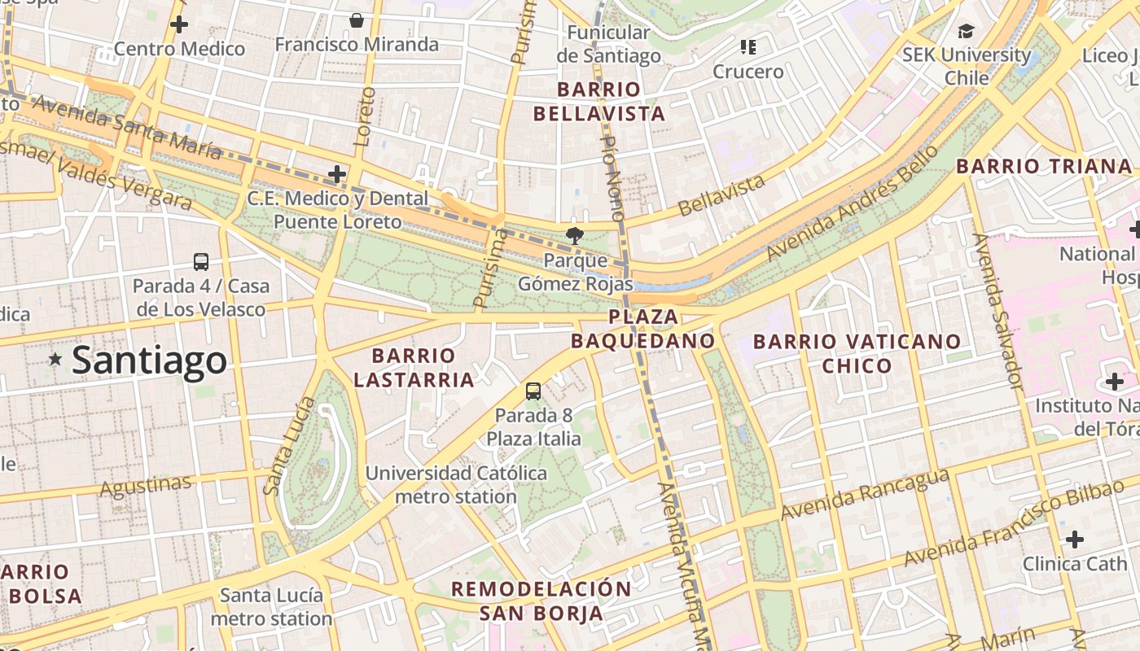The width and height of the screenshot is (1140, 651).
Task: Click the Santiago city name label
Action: [149, 360]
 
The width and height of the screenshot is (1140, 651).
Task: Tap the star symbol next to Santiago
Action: [55, 359]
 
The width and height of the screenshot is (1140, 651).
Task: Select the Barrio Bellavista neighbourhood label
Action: [599, 102]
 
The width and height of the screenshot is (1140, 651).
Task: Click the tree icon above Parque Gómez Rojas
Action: [576, 237]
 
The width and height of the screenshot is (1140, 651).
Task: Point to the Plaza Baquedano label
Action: [643, 329]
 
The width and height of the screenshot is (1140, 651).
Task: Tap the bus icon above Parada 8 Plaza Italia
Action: [533, 391]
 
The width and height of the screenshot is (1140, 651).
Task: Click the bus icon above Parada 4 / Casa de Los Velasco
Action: [201, 262]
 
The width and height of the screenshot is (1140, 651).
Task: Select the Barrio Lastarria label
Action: [414, 368]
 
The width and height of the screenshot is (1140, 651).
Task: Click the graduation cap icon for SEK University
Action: [966, 31]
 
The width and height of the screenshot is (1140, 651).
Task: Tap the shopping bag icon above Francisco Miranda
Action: [356, 20]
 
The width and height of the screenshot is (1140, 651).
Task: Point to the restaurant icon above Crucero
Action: [748, 47]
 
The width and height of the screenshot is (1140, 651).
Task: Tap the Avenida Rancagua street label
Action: [865, 494]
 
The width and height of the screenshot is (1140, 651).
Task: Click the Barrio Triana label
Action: [1044, 167]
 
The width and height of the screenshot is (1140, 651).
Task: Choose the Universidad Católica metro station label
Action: [456, 484]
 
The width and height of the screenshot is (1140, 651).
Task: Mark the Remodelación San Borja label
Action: [541, 601]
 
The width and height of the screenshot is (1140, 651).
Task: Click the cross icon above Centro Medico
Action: [178, 24]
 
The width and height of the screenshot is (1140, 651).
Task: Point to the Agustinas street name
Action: [147, 487]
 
